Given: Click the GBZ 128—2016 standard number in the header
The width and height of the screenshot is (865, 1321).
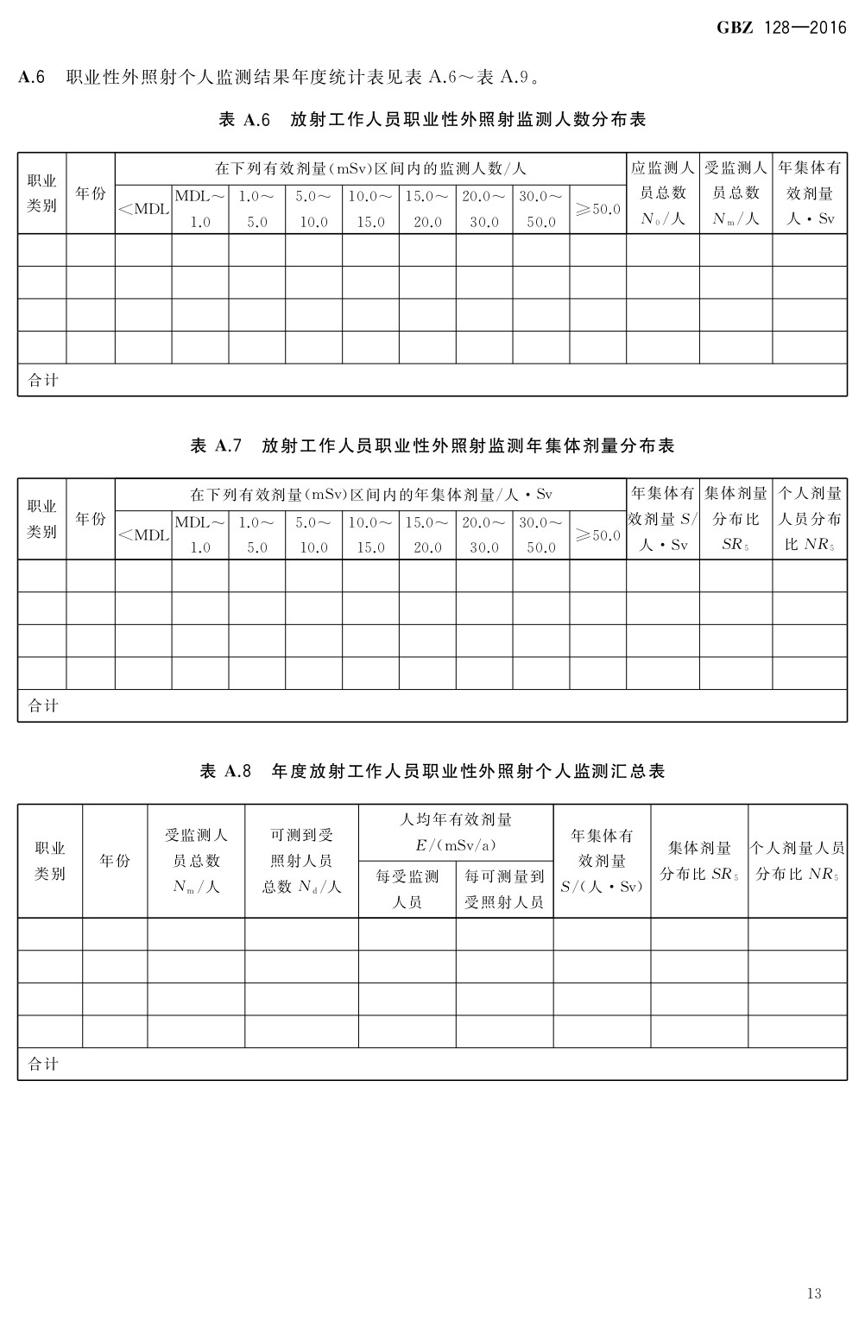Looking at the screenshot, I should tap(781, 28).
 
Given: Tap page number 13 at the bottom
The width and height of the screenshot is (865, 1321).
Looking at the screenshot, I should tap(813, 1293).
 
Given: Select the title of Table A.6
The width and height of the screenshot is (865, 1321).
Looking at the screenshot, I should tap(432, 120).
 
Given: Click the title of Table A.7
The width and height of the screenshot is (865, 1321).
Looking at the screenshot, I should tap(432, 446).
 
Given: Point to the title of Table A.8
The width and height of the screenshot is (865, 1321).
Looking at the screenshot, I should tap(432, 771).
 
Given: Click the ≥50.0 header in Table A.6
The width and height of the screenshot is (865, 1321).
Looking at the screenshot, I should tap(597, 209).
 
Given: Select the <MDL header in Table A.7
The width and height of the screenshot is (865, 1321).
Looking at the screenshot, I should tap(143, 535).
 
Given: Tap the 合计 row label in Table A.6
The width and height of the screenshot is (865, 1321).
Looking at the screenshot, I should tap(43, 380).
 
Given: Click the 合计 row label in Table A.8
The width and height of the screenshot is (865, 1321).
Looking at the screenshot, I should tap(43, 1064).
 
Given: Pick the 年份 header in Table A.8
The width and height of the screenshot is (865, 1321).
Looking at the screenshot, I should tap(115, 861).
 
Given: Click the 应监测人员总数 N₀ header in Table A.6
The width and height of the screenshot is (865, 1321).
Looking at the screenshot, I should tap(662, 193).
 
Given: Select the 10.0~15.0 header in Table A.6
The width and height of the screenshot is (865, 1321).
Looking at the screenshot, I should tap(370, 209).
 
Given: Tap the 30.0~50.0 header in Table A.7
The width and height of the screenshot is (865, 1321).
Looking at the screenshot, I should tap(540, 535).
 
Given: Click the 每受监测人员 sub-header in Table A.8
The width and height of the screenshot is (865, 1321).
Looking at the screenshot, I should tap(407, 889).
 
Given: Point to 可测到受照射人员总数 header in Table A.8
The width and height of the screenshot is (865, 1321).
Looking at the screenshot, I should tap(301, 861).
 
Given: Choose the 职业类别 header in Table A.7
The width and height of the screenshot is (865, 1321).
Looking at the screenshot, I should tap(41, 519).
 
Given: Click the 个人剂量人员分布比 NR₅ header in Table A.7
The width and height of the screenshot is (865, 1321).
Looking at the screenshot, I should tap(810, 519).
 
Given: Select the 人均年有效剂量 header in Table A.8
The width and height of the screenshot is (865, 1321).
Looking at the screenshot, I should tap(456, 831).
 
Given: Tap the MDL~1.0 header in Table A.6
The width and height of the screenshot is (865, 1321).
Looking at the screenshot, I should tap(199, 209).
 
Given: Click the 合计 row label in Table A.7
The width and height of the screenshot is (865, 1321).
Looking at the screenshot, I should tap(43, 705).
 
